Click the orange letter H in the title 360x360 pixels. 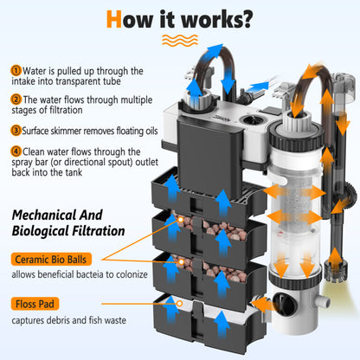pos(114,19)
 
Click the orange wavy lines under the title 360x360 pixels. pos(180,41)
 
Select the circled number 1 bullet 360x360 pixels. pos(16,71)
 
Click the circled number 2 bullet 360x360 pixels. pos(16,100)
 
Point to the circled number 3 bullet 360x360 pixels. pos(16,131)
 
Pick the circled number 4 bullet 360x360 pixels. pos(16,151)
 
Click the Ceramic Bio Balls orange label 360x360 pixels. pos(51,260)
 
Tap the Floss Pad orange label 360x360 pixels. pos(35,304)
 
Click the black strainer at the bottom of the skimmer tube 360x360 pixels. pos(335,271)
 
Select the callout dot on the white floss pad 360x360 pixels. pos(179,304)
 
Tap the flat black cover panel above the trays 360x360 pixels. pos(209,155)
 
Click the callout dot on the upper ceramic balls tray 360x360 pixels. pos(181,220)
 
